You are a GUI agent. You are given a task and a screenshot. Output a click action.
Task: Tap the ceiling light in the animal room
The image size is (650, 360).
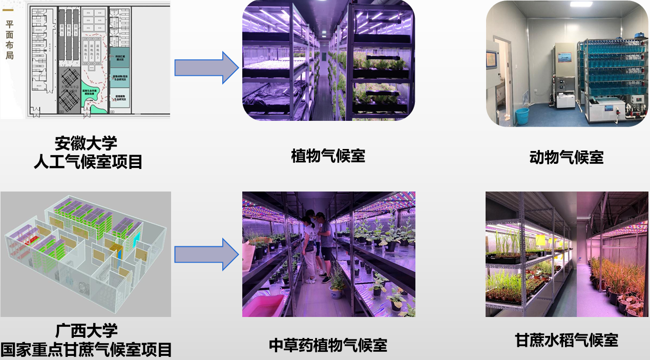coord(580,4)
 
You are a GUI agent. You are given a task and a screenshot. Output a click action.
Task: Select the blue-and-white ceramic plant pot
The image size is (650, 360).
coord(337,292)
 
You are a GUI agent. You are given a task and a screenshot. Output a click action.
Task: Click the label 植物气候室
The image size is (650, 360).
coord(328,156)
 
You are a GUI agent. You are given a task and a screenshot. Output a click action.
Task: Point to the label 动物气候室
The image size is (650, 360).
coord(566,157)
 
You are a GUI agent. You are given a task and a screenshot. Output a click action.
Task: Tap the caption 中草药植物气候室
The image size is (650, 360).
coord(328,345)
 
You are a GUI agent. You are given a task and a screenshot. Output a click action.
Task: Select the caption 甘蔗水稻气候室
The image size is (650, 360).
coord(567,340)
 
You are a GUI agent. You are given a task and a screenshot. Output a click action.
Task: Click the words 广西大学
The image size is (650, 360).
coord(86,330)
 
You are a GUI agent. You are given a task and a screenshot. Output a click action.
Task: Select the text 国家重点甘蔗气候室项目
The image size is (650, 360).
coord(86,350)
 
